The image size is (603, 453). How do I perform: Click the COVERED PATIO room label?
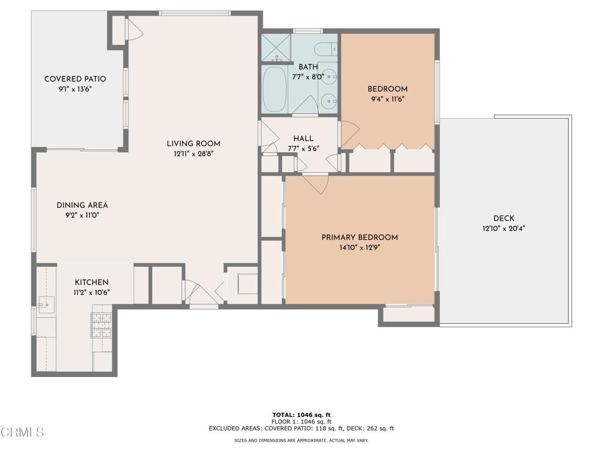(75, 79)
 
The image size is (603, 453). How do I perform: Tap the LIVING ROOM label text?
(193, 143)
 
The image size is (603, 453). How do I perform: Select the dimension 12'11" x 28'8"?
(193, 154)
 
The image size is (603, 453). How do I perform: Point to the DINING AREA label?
(82, 205)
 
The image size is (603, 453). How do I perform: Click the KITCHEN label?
(91, 283)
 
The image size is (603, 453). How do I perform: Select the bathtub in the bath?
(274, 90)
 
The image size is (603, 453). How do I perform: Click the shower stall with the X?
(276, 48)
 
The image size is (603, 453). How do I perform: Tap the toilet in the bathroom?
(324, 49)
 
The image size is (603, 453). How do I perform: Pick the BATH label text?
(308, 67)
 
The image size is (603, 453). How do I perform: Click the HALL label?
(303, 139)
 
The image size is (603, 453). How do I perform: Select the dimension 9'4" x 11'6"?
(387, 99)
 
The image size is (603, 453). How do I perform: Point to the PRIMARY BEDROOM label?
(359, 237)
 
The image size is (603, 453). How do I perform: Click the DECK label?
(503, 218)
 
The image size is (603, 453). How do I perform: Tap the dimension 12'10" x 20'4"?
(503, 229)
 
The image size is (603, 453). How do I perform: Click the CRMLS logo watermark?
(22, 432)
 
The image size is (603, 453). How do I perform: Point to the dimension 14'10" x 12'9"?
(359, 248)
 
